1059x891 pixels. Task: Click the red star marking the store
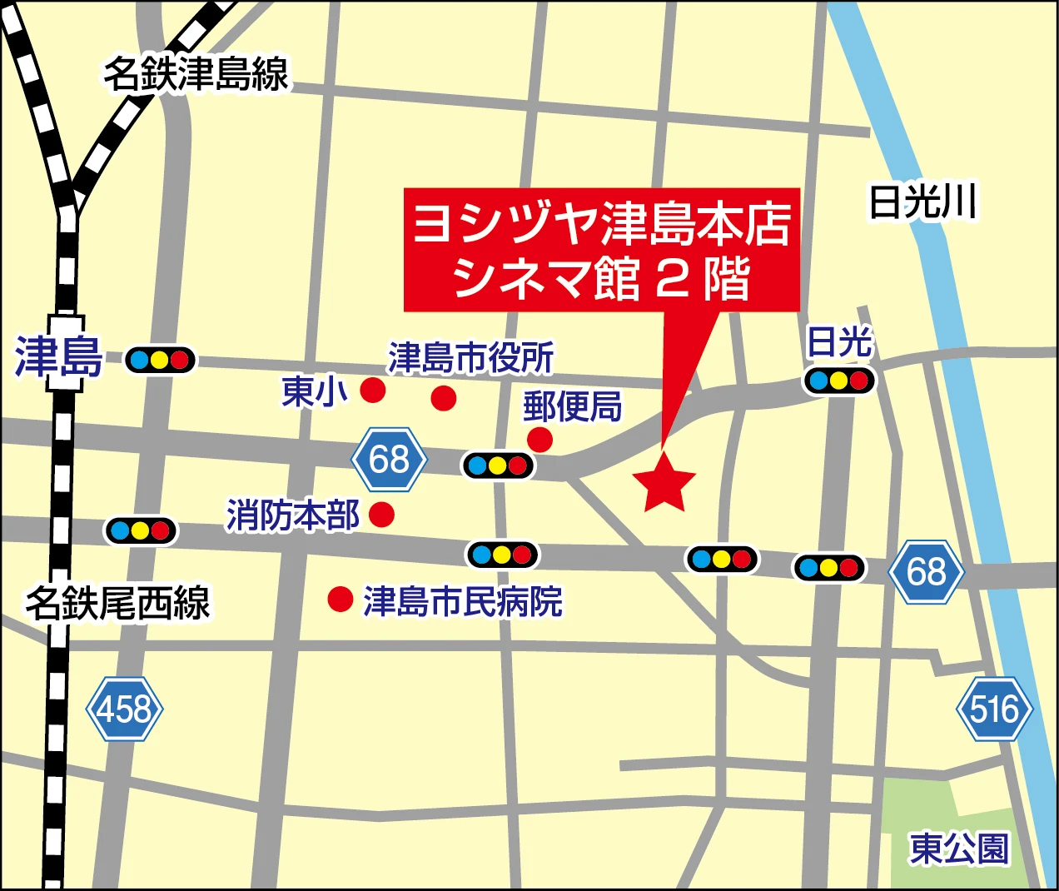click(664, 484)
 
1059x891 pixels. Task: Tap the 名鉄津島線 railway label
click(196, 73)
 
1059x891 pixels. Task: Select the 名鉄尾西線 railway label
click(117, 602)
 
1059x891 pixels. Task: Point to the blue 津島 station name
click(58, 358)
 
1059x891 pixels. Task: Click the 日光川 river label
click(922, 202)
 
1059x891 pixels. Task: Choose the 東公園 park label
click(959, 849)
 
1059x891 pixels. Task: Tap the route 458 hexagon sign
click(125, 709)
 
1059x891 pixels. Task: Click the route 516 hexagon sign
click(994, 709)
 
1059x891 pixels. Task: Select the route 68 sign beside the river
click(926, 571)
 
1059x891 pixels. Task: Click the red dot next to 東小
click(372, 389)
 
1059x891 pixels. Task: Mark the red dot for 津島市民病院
click(340, 599)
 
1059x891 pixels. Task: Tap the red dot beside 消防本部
click(381, 515)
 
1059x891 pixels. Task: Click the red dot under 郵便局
click(539, 439)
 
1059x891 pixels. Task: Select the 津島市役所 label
click(470, 358)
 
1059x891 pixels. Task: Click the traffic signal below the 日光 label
click(839, 381)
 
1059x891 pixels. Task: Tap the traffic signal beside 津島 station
click(160, 361)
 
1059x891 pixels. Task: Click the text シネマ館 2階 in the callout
click(601, 279)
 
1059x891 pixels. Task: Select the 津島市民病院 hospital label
click(462, 601)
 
